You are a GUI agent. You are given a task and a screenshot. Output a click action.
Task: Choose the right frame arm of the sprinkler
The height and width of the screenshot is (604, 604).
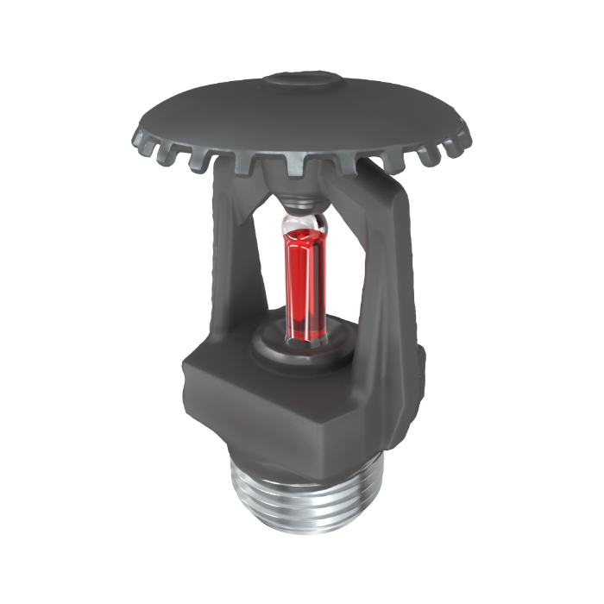tap(393, 259)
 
